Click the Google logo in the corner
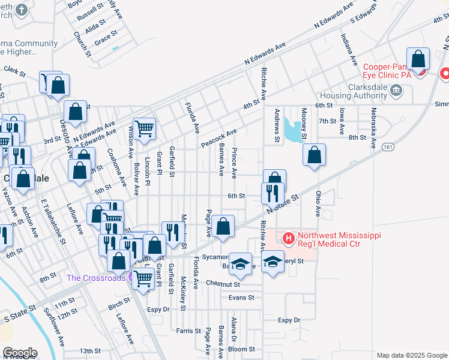pos(20,352)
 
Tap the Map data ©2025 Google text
pos(411,355)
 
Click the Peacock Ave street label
pos(219,139)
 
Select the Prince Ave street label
pos(234,163)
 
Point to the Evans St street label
pos(241,297)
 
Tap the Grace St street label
pos(105,38)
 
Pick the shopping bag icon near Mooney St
pos(314,155)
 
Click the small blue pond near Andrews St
pos(293,130)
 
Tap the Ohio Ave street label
pos(318,203)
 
